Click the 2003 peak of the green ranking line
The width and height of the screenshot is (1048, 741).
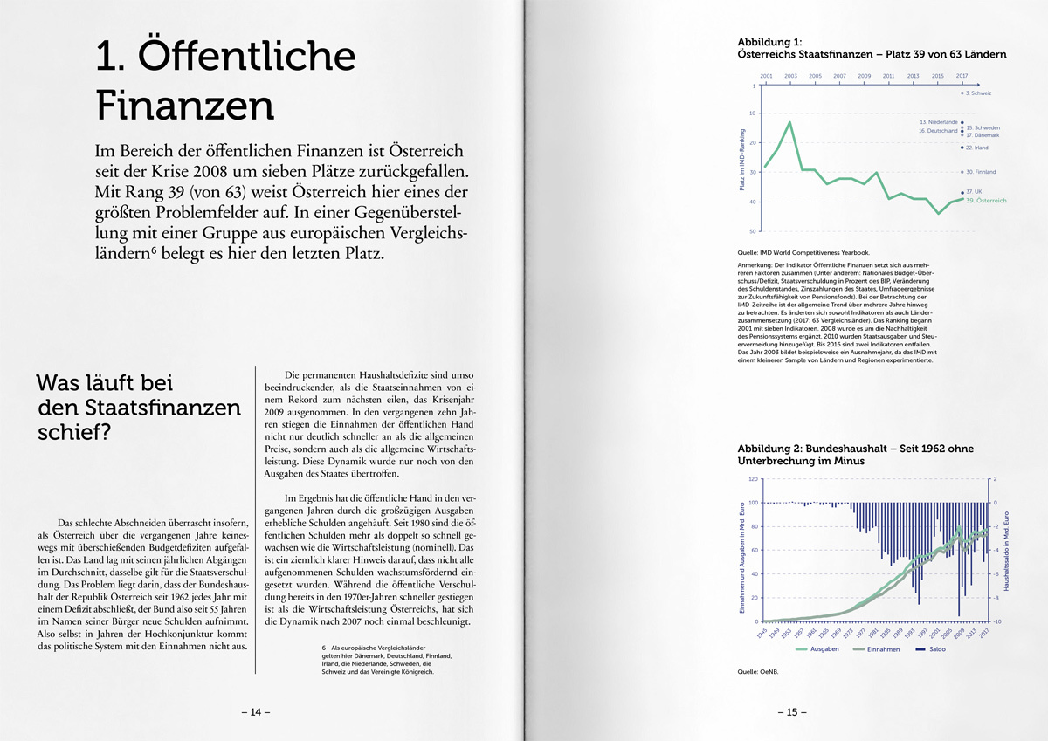[x=790, y=122]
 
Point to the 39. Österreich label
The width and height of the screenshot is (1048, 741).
[x=986, y=201]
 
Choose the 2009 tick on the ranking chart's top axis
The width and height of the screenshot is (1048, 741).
[x=864, y=76]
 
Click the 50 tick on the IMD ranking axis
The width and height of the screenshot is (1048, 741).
[x=753, y=231]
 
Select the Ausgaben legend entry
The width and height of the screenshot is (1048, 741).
[x=817, y=649]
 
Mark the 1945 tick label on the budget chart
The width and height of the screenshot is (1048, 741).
[x=762, y=632]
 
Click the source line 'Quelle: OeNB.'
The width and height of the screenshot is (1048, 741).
[x=759, y=671]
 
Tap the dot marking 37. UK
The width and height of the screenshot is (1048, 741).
[x=962, y=192]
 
